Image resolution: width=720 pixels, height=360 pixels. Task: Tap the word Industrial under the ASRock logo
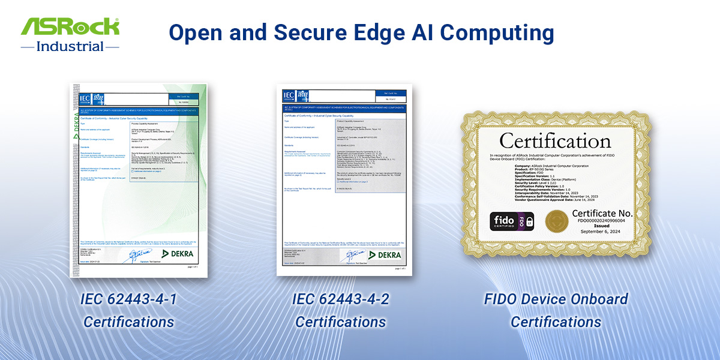(x=70, y=46)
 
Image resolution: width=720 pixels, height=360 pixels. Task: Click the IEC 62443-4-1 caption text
(x=128, y=299)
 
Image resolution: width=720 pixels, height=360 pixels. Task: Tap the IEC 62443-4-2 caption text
(x=341, y=299)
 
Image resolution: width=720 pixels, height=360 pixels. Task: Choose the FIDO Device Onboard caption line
(x=556, y=299)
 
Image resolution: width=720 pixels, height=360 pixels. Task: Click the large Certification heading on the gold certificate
(x=555, y=141)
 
